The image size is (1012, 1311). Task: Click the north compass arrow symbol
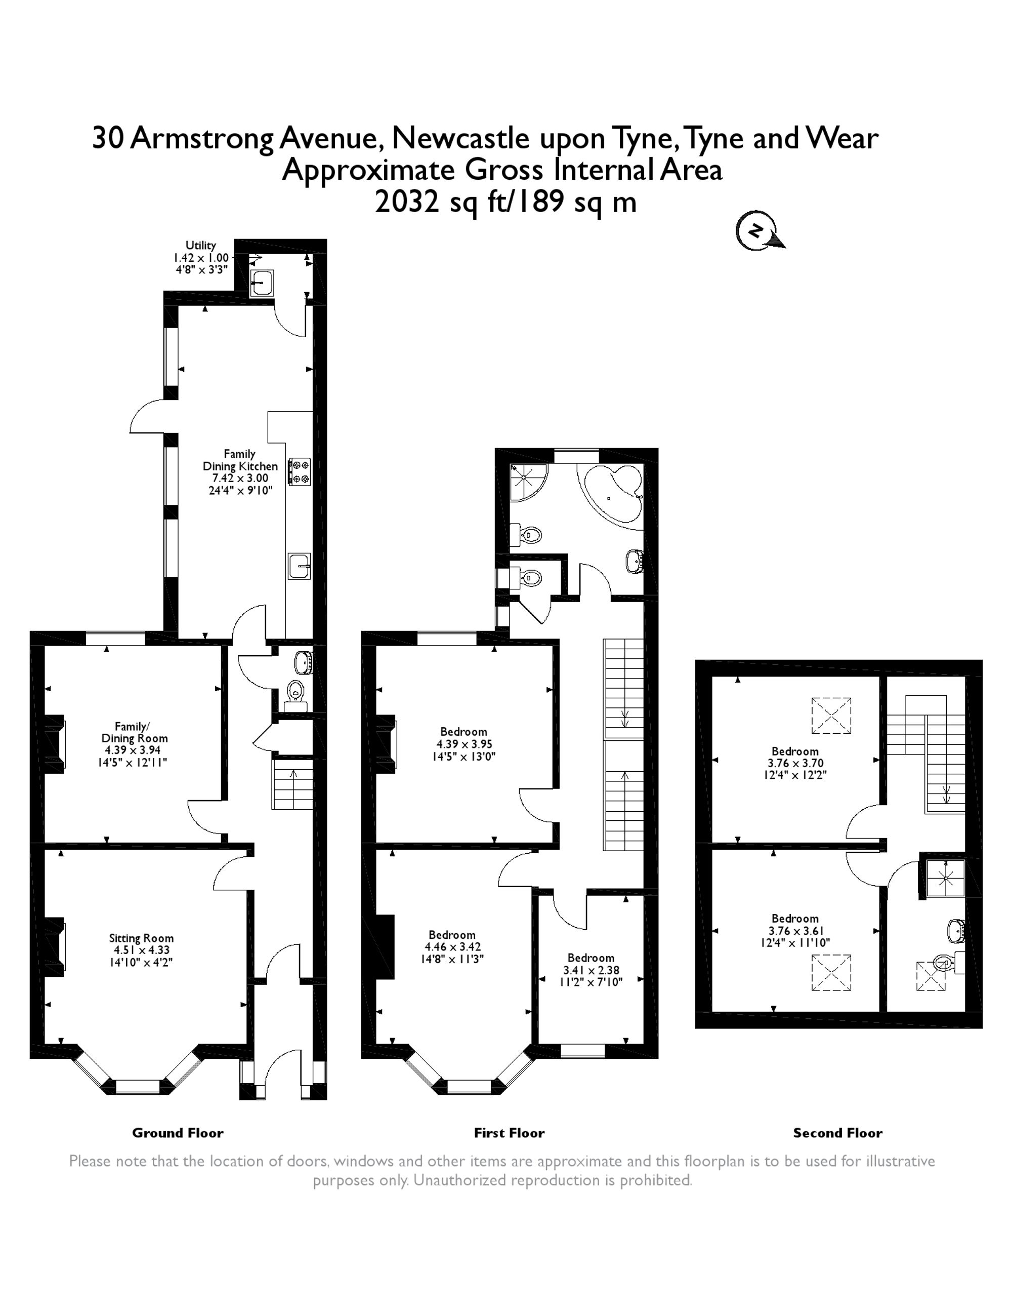coord(759,231)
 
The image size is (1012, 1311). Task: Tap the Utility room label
coord(200,246)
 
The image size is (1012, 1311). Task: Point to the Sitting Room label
coord(141,938)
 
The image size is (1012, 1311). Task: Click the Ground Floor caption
coord(178,1133)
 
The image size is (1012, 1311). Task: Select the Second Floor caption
coord(837,1133)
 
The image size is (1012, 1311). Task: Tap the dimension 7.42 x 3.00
coord(240,478)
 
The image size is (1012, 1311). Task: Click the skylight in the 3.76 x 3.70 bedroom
coord(831,715)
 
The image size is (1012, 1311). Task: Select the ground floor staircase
coord(293,784)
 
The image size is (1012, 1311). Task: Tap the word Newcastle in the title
coord(460,139)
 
